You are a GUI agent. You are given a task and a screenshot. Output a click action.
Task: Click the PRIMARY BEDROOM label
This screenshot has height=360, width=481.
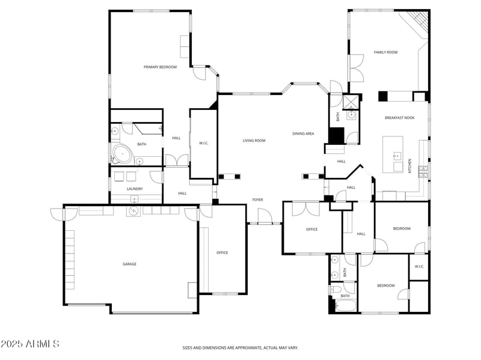[x=160, y=67]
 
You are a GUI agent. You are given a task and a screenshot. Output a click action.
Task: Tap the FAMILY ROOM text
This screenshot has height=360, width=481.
[x=385, y=52]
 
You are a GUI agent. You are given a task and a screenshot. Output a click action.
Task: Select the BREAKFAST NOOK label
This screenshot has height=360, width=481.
[x=399, y=118]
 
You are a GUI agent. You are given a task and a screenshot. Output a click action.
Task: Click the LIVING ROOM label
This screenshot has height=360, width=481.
[x=254, y=141]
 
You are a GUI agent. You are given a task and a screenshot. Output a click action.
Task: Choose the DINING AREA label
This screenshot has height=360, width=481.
[x=303, y=133]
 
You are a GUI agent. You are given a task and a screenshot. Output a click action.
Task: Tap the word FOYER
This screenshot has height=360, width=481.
[x=257, y=200]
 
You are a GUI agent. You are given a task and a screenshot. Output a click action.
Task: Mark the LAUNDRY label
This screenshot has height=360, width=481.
[x=135, y=189]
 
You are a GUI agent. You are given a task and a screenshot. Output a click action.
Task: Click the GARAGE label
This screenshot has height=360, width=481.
[x=129, y=264]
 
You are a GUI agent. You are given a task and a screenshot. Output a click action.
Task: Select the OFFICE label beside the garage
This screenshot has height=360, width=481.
[x=222, y=252]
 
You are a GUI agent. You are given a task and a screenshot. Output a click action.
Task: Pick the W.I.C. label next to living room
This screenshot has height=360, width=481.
[x=203, y=142]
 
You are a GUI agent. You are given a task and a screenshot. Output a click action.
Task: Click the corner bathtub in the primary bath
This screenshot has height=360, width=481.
[x=122, y=154]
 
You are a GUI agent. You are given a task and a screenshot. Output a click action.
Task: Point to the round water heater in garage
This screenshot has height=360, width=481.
[x=132, y=211]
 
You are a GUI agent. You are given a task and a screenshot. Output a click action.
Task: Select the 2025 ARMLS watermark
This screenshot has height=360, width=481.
[x=29, y=344]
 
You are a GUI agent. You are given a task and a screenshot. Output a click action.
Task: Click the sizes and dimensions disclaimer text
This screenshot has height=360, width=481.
[x=240, y=347]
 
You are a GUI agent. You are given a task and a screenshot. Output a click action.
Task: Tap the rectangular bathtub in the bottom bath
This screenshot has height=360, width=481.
[x=345, y=306]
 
